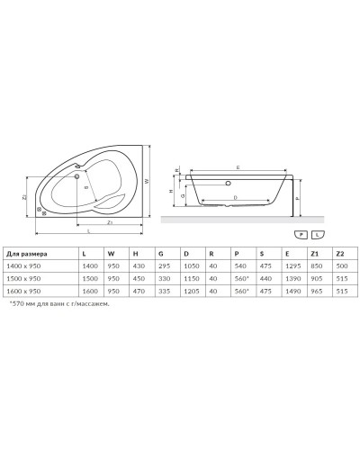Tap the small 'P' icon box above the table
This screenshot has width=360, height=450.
[x=301, y=232]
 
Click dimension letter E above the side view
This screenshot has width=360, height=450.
[x=238, y=167]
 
